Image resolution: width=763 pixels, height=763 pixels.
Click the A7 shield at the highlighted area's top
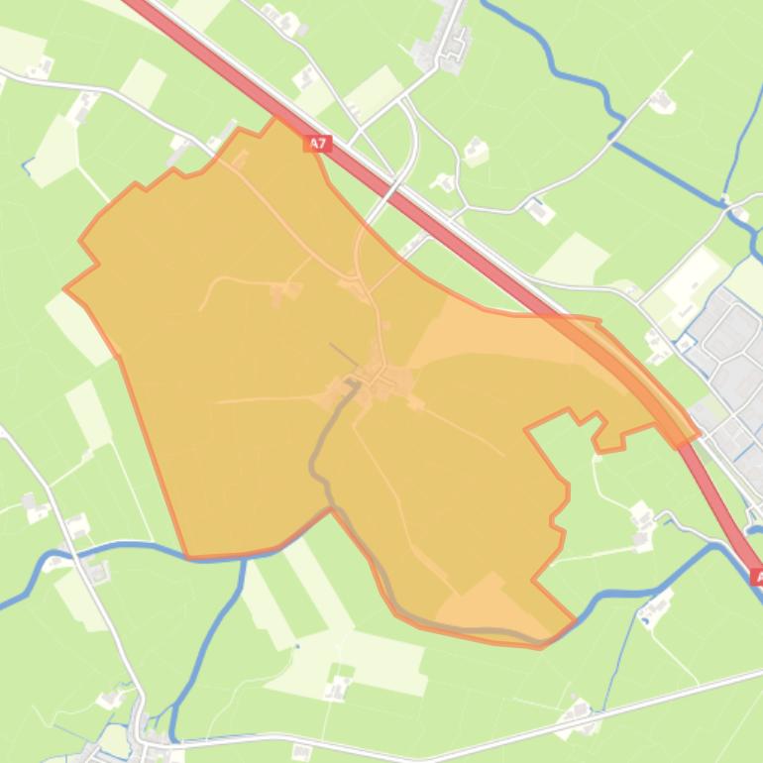coord(316,144)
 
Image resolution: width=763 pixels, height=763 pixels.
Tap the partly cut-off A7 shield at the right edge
coord(756,576)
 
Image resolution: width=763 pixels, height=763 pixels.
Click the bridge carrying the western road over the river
coord(72,549)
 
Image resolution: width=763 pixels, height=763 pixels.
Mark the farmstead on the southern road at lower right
coord(579,716)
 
